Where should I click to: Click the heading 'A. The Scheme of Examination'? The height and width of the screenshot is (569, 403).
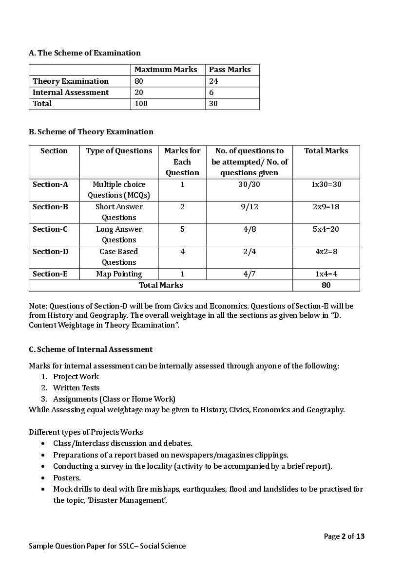(85, 53)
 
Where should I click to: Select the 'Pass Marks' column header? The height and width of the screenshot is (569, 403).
(230, 70)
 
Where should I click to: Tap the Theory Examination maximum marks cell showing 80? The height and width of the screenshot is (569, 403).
(139, 81)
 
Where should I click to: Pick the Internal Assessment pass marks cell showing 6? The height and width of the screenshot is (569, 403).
(211, 92)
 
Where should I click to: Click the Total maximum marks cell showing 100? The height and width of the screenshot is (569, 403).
(141, 104)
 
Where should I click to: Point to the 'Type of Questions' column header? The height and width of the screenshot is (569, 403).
(119, 151)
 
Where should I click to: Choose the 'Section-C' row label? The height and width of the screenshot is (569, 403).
(50, 229)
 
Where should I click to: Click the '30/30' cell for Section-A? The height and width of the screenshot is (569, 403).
(249, 184)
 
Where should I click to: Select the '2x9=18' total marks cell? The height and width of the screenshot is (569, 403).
(326, 207)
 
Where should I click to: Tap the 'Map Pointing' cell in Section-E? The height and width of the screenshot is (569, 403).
(119, 274)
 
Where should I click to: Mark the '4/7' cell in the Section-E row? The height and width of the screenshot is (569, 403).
(249, 274)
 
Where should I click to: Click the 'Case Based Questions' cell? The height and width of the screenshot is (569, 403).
(119, 257)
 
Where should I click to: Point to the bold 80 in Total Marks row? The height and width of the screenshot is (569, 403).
(326, 285)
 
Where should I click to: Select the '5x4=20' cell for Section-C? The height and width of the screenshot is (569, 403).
(326, 229)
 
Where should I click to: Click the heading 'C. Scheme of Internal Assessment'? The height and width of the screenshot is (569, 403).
(91, 349)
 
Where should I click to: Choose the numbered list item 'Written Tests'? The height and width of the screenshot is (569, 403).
(76, 388)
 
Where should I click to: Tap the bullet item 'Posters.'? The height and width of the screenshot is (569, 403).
(67, 478)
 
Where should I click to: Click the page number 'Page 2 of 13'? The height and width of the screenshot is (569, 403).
(344, 536)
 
